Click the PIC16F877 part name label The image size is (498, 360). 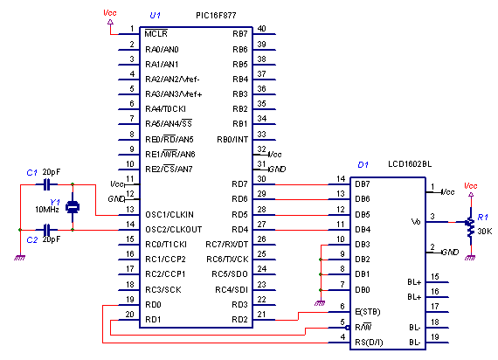(216, 15)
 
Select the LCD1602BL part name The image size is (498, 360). (410, 164)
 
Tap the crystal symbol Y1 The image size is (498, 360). (73, 207)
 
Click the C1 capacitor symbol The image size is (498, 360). (46, 184)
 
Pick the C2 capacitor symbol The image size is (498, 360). (46, 230)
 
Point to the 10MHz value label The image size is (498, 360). (47, 210)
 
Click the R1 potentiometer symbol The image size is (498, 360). (469, 226)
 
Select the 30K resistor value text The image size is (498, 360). (485, 232)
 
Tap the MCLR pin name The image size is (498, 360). (156, 33)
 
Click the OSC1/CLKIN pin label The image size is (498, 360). (169, 215)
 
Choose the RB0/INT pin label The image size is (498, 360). (232, 140)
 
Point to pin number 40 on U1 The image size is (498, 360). (261, 29)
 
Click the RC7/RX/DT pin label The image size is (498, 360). (227, 245)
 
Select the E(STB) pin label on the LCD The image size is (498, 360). (368, 312)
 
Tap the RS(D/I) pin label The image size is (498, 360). (369, 343)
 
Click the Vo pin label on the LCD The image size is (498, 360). (416, 221)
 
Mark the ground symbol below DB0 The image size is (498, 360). (320, 303)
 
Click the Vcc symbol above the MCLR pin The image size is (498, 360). (110, 22)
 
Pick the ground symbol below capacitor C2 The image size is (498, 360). (20, 258)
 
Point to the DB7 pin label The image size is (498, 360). (363, 184)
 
